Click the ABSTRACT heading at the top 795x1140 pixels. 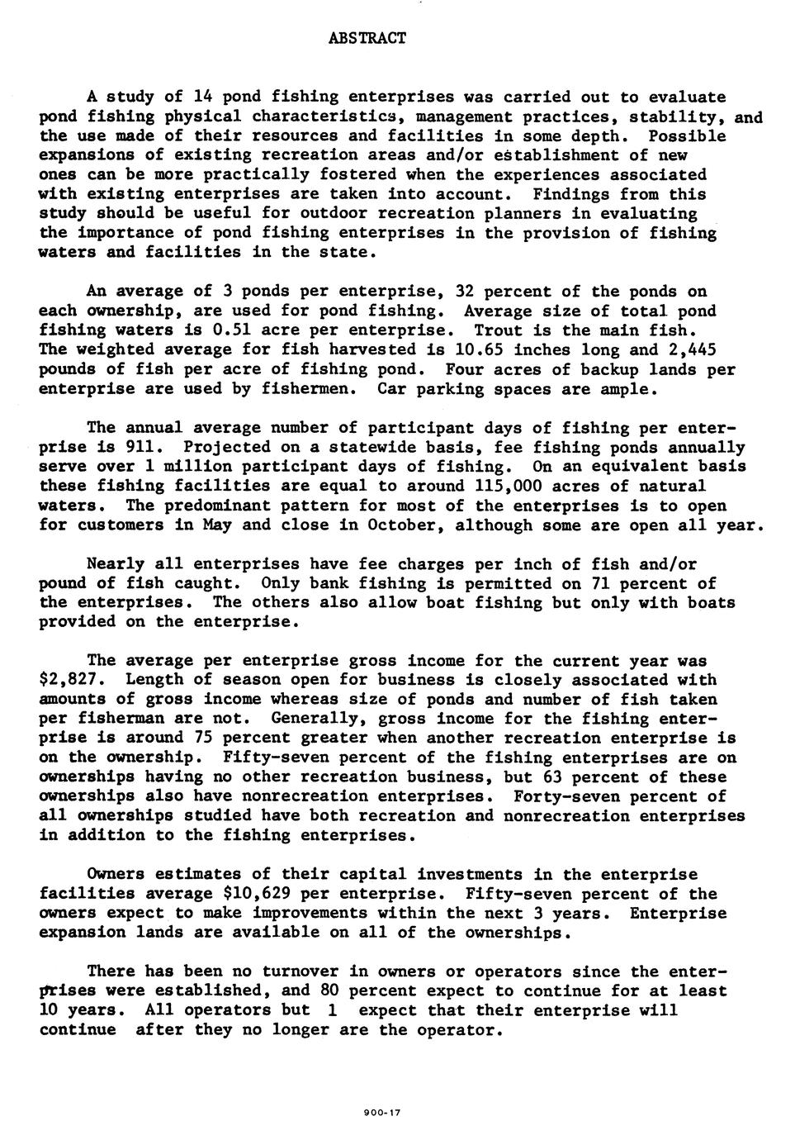367,38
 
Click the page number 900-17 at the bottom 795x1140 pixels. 381,1113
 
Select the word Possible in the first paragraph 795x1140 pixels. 687,135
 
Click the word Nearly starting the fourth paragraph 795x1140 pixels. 116,564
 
